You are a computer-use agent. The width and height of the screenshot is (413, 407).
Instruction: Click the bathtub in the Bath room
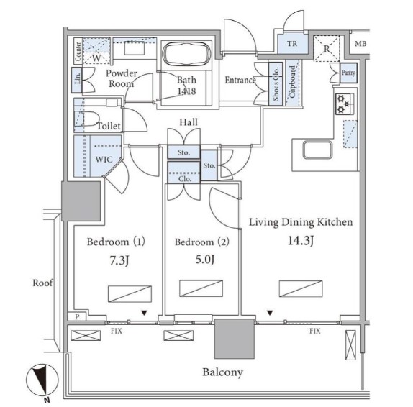(186, 54)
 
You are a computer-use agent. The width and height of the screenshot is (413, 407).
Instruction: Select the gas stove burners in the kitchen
(344, 104)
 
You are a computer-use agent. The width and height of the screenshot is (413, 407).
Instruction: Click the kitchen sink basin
(317, 150)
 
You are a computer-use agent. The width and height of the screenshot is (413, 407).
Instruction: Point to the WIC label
(104, 159)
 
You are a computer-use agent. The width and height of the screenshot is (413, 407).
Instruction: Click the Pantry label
(348, 72)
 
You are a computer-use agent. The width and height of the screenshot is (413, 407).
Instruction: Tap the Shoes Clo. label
(276, 83)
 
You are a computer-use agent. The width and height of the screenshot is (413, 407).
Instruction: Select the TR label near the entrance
(292, 43)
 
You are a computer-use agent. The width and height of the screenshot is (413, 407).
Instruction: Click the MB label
(360, 44)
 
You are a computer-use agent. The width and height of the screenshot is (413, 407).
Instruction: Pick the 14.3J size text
(301, 241)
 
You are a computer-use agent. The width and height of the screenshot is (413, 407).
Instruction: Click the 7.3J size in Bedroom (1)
(119, 260)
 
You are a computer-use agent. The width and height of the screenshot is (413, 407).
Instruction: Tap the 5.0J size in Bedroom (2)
(204, 260)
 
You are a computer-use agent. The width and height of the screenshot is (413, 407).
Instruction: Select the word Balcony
(222, 372)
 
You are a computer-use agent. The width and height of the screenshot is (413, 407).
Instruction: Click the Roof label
(42, 283)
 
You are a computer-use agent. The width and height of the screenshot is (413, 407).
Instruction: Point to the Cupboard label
(292, 81)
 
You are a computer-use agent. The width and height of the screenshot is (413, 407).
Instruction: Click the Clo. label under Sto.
(185, 179)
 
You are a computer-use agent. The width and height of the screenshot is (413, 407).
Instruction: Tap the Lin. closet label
(78, 78)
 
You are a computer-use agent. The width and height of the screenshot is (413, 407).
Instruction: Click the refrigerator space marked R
(327, 49)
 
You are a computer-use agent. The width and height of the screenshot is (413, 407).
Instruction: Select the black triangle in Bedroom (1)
(144, 313)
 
